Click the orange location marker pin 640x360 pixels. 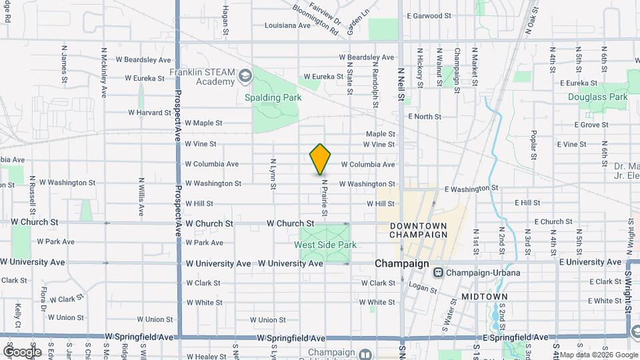(321, 159)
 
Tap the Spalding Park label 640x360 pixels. (273, 97)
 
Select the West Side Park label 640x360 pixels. (325, 245)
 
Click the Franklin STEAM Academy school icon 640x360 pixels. (245, 77)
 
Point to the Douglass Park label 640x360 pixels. (598, 97)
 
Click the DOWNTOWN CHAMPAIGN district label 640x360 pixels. (418, 230)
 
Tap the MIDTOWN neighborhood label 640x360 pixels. (485, 296)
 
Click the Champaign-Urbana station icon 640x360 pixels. (439, 272)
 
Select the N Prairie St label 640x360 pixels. (325, 197)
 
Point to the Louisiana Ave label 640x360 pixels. (287, 25)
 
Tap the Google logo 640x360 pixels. (23, 351)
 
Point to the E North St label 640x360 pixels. (425, 117)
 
